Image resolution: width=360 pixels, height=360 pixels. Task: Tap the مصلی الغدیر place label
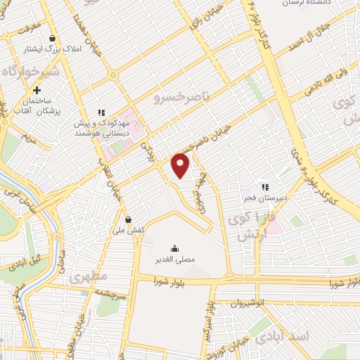click(x=174, y=259)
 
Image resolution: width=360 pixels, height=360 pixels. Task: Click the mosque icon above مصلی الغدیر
click(x=174, y=248)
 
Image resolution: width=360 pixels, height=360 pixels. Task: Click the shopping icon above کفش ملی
click(x=127, y=219)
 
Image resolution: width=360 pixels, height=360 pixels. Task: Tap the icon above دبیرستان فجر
click(x=265, y=187)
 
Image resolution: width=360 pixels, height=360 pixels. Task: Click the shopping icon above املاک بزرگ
click(x=52, y=39)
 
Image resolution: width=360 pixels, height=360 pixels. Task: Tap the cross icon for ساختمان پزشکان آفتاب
click(x=37, y=90)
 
